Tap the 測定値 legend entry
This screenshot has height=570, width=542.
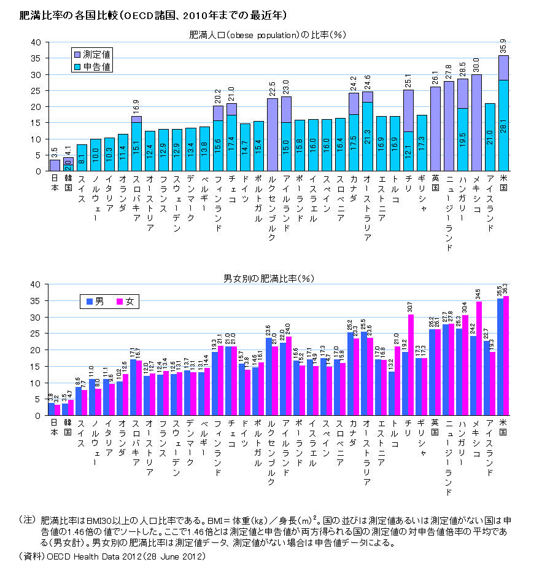tap(93, 54)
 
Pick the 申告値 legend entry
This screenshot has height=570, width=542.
tap(93, 66)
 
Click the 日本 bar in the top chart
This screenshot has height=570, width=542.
tap(55, 165)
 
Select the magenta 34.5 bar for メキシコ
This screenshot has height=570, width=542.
tap(479, 359)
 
